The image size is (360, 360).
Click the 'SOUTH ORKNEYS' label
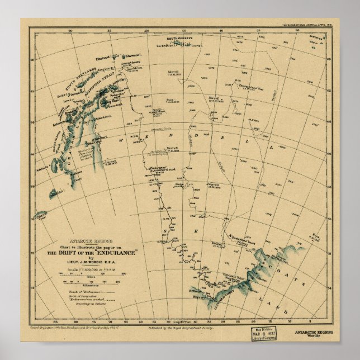coord(183,39)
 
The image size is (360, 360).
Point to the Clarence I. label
coord(132,55)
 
